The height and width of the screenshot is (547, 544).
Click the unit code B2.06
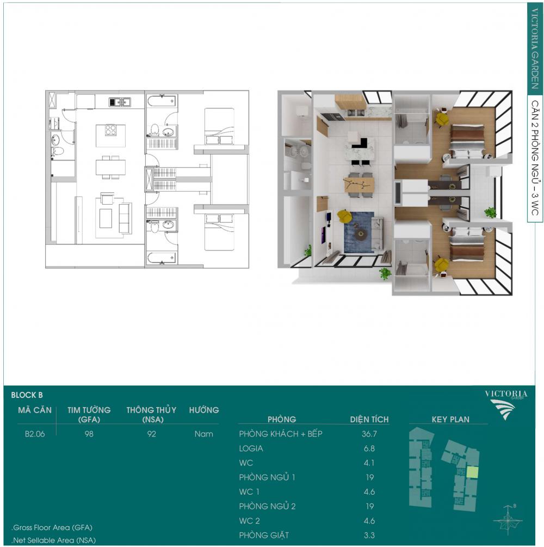(x=35, y=434)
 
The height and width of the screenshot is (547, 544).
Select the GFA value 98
(x=89, y=434)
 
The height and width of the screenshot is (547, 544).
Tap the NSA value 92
(x=151, y=434)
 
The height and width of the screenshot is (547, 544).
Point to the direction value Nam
(x=203, y=434)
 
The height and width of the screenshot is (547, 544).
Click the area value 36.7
(x=369, y=434)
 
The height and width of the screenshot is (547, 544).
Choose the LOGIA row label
(x=251, y=448)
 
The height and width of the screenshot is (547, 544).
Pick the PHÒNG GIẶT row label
(x=264, y=535)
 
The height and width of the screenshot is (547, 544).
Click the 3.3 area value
(x=369, y=536)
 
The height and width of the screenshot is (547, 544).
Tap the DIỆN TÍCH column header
(x=369, y=419)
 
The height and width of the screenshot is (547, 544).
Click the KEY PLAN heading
(x=450, y=419)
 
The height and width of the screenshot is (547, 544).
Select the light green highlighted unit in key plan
(x=472, y=472)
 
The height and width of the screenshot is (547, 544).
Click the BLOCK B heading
(x=27, y=395)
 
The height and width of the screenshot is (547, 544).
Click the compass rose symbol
(x=508, y=520)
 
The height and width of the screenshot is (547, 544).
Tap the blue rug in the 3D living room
(x=359, y=233)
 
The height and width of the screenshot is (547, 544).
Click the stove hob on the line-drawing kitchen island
(x=110, y=130)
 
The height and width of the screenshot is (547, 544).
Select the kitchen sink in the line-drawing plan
(x=120, y=102)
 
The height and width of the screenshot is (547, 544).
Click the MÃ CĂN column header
(x=35, y=410)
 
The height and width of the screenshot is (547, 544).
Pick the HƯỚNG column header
(x=204, y=410)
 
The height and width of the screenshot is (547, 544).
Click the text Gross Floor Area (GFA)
(x=53, y=527)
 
